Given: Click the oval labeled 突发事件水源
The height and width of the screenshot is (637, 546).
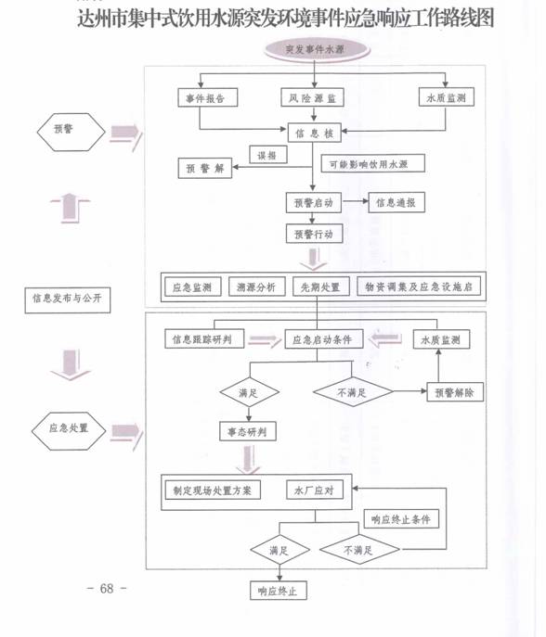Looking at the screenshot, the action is point(317,49).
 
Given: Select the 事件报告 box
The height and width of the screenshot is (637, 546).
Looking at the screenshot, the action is point(207,98).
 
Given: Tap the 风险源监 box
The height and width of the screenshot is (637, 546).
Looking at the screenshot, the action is point(313,98).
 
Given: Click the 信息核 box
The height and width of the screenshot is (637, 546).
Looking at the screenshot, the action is point(314,133).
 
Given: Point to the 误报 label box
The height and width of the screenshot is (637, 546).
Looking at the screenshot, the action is point(268,155).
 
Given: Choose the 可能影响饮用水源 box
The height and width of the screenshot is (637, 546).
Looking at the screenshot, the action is point(372,163).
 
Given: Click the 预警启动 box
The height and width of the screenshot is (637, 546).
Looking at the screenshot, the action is point(314,202).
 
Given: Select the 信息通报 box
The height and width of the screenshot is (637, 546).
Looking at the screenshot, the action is point(396,202).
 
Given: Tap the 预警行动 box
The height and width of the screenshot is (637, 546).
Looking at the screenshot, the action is point(314,234).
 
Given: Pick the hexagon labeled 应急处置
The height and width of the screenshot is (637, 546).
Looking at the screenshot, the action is point(69,430).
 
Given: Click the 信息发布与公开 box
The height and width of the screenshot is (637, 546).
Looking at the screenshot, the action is point(68,300).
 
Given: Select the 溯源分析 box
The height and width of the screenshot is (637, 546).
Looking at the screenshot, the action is point(256,287).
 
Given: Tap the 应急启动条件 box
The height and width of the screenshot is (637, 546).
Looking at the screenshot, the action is point(323,339).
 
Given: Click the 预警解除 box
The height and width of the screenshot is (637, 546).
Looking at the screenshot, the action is point(455,392).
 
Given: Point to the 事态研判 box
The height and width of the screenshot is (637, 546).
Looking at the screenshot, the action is point(248,431).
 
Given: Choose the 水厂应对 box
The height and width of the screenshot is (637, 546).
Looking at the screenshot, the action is point(315,490).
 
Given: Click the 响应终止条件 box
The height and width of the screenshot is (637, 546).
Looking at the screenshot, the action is point(401,519).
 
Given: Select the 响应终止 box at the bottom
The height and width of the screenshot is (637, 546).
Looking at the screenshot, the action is point(279,591).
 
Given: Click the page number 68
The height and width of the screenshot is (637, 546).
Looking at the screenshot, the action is point(107,588).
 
